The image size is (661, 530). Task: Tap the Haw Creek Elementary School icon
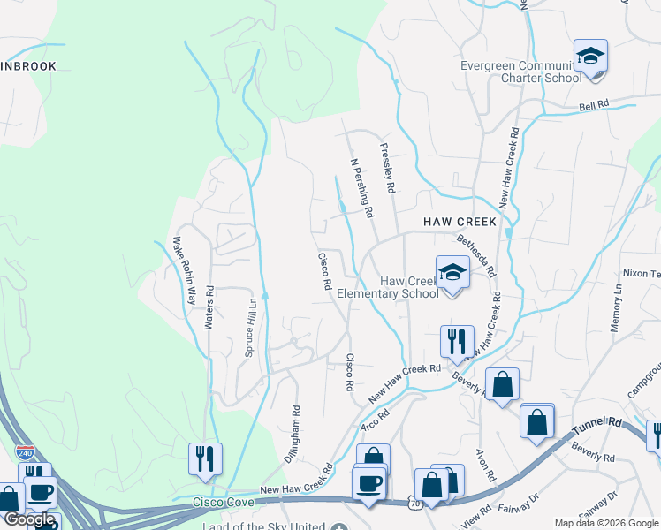[x=452, y=273]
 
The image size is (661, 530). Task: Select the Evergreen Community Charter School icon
[x=590, y=57]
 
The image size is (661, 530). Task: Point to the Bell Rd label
[x=594, y=104]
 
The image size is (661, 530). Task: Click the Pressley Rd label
[x=386, y=169]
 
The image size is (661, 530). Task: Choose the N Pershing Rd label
[x=363, y=188]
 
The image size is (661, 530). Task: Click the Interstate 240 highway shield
[x=26, y=451]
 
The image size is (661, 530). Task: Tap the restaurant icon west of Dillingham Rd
[x=205, y=458]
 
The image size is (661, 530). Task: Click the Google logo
[x=29, y=520]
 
